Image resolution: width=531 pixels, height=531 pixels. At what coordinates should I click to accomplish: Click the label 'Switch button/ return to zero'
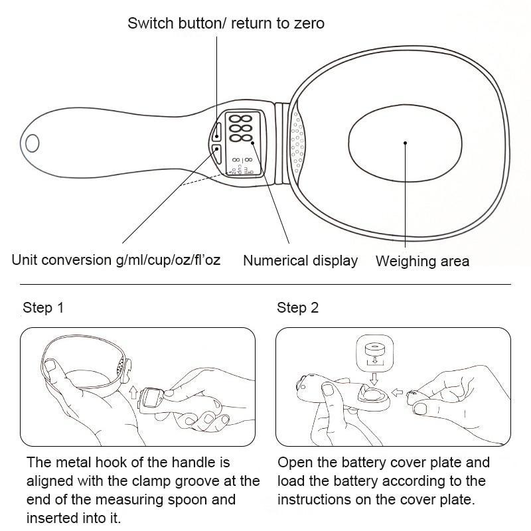226,23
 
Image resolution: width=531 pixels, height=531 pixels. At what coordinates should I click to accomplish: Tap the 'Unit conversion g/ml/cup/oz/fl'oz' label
116,260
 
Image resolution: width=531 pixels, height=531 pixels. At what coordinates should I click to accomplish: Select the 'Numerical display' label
300,261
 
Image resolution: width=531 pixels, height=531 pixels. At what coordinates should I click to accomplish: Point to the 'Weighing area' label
422,261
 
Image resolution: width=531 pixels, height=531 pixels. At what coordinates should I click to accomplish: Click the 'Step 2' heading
297,307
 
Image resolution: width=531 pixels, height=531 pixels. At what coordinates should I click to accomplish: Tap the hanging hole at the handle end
32,143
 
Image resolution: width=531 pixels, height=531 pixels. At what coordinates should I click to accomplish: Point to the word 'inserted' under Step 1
51,517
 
